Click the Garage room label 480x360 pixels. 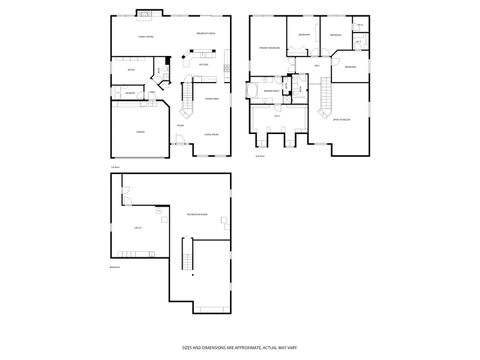141,131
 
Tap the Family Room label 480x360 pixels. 145,37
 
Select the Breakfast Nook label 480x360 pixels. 206,36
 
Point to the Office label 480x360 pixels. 131,70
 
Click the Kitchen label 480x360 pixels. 203,66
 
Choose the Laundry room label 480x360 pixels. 130,92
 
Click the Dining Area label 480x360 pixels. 212,99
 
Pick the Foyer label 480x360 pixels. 180,126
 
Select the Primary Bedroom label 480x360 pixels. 269,48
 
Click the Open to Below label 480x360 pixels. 339,120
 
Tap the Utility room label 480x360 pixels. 137,228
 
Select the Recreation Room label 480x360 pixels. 196,216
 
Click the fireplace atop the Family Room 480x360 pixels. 145,14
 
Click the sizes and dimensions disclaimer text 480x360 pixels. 239,347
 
